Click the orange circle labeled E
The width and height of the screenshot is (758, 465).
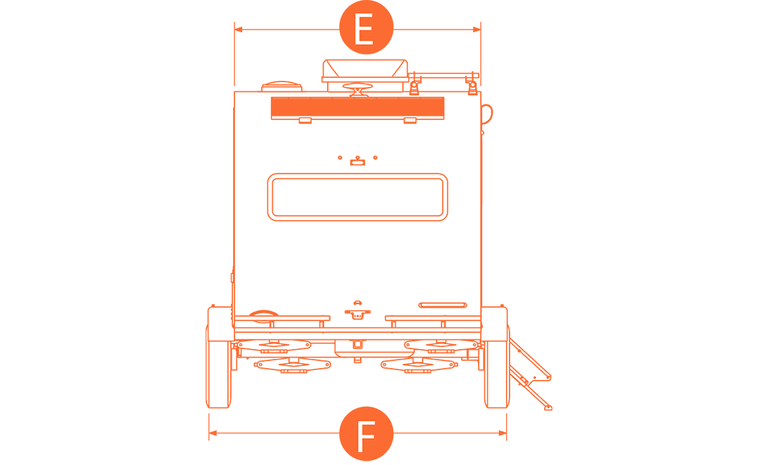click(x=366, y=29)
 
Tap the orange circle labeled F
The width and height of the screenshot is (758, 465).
click(x=366, y=433)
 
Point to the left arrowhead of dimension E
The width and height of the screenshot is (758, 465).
click(x=238, y=30)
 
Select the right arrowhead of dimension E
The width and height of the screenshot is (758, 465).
click(x=477, y=30)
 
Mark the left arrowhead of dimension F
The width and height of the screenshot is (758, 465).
click(x=213, y=433)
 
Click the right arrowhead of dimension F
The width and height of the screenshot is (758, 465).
click(x=503, y=433)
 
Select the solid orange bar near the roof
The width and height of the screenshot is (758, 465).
click(x=357, y=107)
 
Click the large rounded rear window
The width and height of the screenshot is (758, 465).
click(x=357, y=197)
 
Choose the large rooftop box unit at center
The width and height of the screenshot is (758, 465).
click(x=364, y=70)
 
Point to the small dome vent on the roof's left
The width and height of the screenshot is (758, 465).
click(x=281, y=87)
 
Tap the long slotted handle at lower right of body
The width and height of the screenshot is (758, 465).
click(x=443, y=305)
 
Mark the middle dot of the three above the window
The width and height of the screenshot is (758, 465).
click(x=357, y=157)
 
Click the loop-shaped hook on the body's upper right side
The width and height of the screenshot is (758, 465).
click(x=488, y=112)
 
